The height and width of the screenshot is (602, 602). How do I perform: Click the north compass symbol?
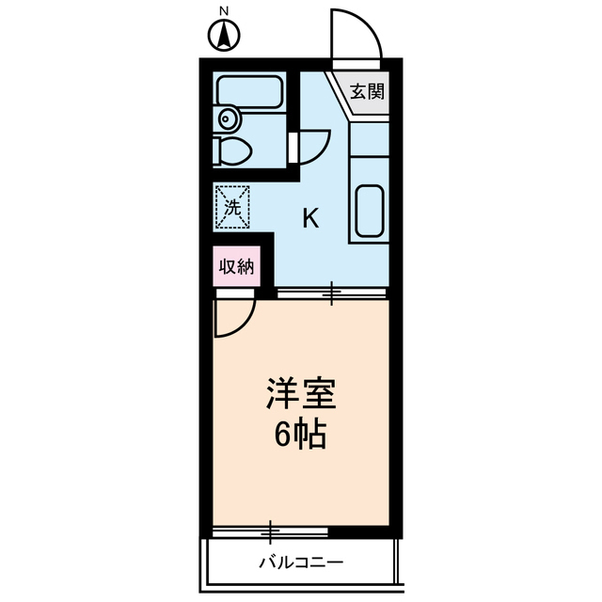(224, 39)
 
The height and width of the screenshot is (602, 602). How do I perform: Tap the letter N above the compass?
(224, 11)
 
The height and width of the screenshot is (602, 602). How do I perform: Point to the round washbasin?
(227, 119)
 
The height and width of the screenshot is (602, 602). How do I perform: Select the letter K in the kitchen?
(310, 219)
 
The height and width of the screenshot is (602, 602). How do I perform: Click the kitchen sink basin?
(369, 212)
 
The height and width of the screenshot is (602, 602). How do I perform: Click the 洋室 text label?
(301, 392)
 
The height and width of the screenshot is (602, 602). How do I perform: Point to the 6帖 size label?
(301, 435)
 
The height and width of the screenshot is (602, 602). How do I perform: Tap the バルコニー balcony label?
(301, 564)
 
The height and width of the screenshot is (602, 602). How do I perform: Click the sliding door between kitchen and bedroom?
(331, 295)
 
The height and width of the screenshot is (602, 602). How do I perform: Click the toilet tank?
(218, 150)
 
